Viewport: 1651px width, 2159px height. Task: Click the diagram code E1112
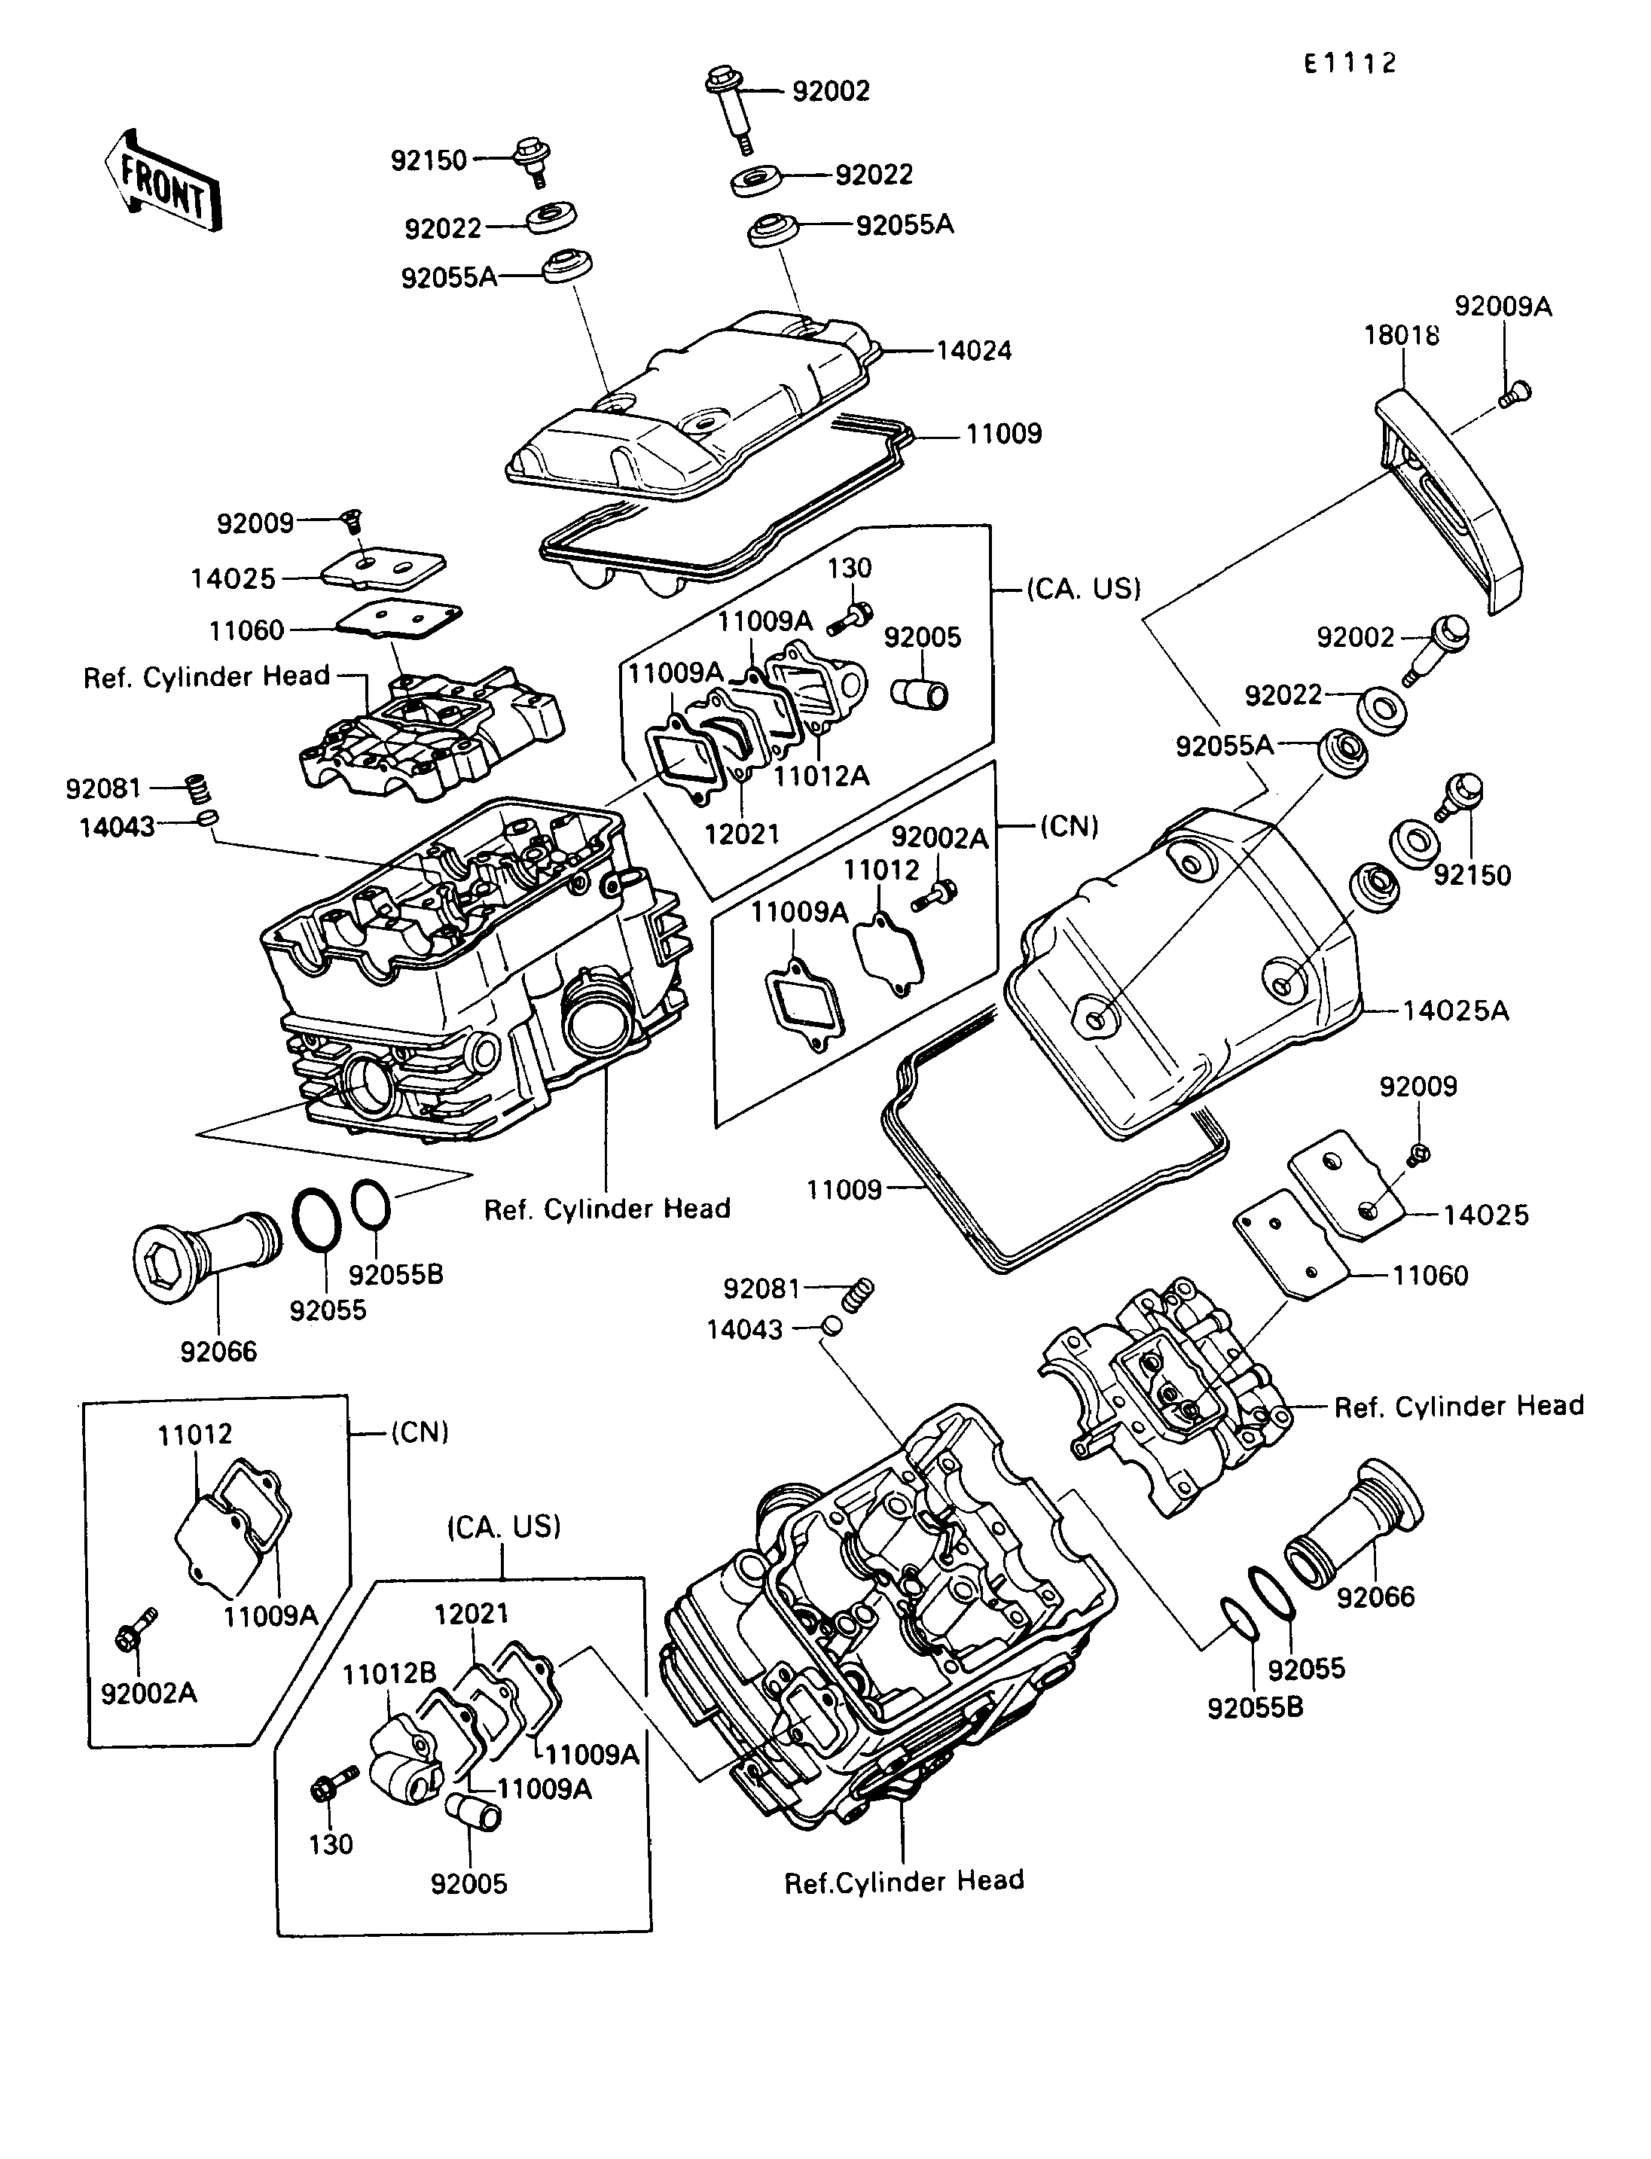(x=1350, y=64)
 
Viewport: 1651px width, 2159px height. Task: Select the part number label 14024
(x=973, y=351)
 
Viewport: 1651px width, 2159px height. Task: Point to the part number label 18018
(x=1402, y=335)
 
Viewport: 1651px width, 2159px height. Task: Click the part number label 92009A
(x=1503, y=306)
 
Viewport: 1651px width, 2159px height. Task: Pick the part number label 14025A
(x=1454, y=1011)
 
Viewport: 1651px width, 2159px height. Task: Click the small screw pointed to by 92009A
(x=1515, y=394)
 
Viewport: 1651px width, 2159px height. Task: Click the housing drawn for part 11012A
(x=816, y=678)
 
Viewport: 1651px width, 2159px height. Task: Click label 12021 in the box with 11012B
(x=471, y=1614)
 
